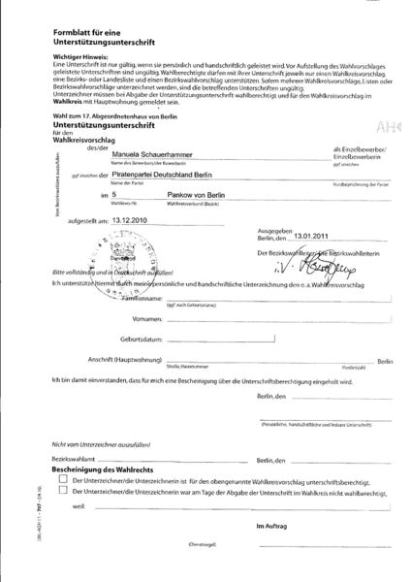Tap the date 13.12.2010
point(133,246)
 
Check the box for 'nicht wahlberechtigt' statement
point(63,492)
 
